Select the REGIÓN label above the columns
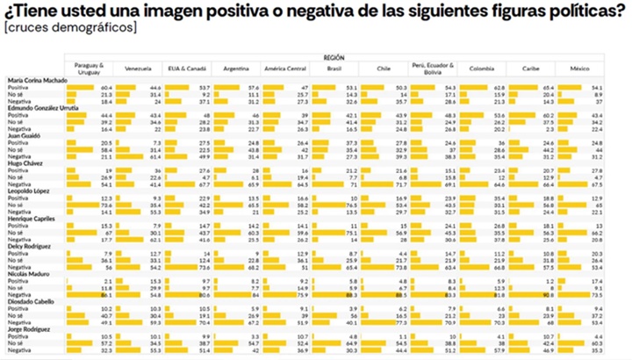click(333, 55)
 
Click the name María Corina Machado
click(33, 80)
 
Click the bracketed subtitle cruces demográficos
click(69, 28)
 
